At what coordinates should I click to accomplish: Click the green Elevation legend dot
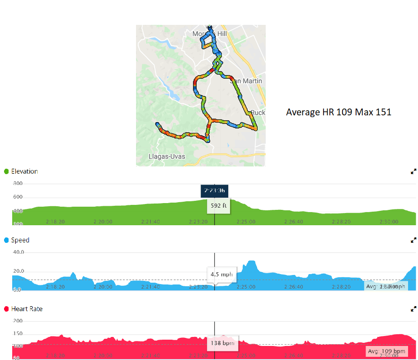coord(6,171)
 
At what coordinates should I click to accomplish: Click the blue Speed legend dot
coord(6,240)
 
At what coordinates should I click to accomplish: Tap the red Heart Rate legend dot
coord(6,309)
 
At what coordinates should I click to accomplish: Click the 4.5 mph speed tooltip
coord(221,274)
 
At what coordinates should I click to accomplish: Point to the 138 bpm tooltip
coord(222,343)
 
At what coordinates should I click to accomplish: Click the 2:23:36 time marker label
coord(215,191)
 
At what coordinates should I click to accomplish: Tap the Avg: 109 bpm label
coord(387,351)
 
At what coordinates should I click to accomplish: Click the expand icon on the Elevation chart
coord(413,172)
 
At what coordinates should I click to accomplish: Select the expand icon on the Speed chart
coord(413,241)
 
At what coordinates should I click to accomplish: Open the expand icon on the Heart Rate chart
coord(413,309)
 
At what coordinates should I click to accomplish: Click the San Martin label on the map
coord(246,81)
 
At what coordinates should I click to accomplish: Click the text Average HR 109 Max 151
coord(338,112)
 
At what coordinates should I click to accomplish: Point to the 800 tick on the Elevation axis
coord(18,184)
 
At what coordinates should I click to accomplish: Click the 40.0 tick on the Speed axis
coord(18,252)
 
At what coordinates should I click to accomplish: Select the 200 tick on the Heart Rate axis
coord(18,321)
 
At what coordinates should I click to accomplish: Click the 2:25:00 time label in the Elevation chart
coord(246,222)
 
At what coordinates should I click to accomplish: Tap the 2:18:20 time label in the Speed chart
coord(56,287)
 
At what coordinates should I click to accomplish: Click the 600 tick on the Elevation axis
coord(18,197)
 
